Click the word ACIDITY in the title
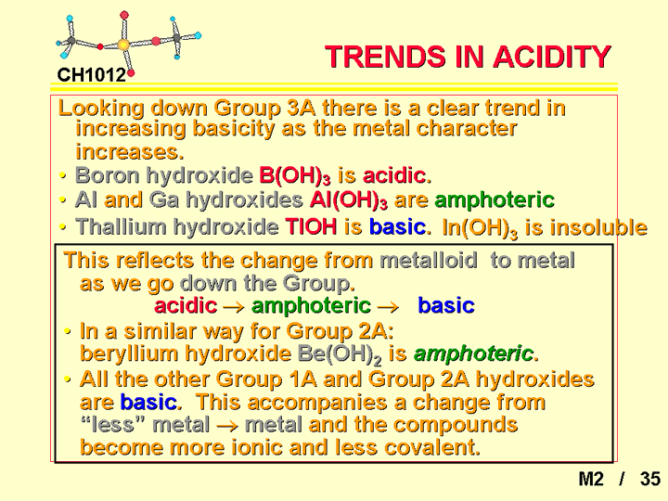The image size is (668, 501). [553, 57]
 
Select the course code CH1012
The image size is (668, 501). [92, 75]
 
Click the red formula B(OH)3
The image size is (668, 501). [295, 175]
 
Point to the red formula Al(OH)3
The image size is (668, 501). [349, 200]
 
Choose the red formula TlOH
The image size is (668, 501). [311, 226]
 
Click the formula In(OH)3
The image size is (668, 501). [481, 228]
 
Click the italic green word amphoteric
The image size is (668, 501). [473, 353]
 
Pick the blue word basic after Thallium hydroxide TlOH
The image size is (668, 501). [397, 226]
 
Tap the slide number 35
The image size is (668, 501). [650, 479]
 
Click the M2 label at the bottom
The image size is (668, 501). [591, 479]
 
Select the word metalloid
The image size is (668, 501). [428, 260]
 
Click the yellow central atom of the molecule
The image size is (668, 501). [123, 45]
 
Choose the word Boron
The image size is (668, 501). [108, 175]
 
